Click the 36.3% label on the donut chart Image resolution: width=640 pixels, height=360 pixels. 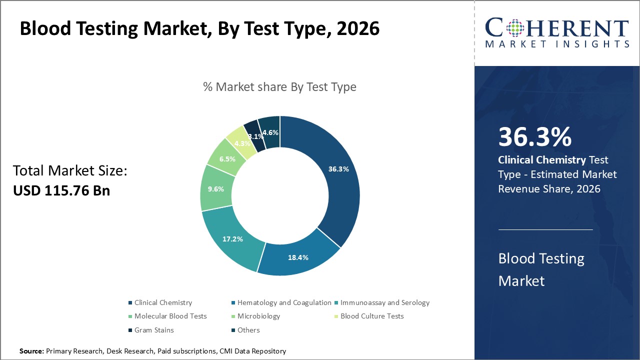click(x=338, y=169)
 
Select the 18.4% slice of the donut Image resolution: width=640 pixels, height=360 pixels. click(x=298, y=257)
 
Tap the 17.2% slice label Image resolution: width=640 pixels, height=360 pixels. click(x=232, y=239)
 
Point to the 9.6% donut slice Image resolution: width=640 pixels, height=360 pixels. click(x=215, y=189)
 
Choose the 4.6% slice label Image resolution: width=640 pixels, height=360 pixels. click(x=270, y=132)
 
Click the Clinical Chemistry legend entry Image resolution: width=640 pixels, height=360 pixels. click(x=162, y=302)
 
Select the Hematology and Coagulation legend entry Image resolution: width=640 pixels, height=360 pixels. click(x=283, y=302)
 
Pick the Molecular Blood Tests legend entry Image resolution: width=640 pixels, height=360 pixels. click(x=170, y=316)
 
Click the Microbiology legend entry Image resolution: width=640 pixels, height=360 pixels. click(x=258, y=316)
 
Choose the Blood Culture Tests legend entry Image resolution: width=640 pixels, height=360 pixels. click(x=371, y=316)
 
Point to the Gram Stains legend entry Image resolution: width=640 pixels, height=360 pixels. click(x=153, y=330)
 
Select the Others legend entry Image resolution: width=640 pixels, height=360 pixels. click(x=248, y=330)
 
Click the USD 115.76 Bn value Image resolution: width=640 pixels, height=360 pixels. click(x=61, y=190)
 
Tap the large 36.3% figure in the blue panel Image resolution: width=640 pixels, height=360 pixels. click(x=534, y=137)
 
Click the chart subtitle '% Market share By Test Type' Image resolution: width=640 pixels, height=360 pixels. click(x=279, y=87)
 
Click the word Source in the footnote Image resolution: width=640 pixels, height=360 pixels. click(x=31, y=351)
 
